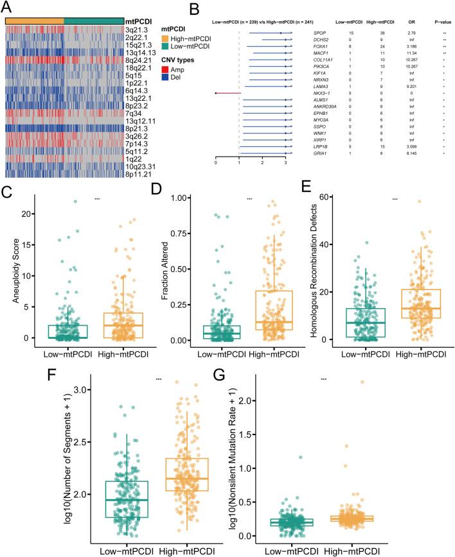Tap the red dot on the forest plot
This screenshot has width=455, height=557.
[x=217, y=93]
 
